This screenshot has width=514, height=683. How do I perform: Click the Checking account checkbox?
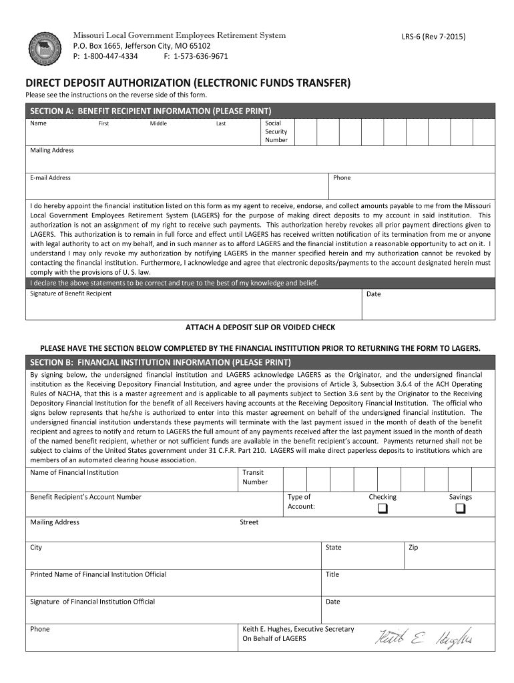(x=382, y=510)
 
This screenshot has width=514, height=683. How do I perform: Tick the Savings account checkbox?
(x=461, y=510)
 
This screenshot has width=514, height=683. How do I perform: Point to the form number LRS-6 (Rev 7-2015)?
(x=433, y=37)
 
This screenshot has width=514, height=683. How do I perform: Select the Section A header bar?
(x=260, y=111)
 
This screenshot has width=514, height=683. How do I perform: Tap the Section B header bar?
(x=260, y=362)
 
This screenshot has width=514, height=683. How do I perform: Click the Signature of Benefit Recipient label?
(x=71, y=293)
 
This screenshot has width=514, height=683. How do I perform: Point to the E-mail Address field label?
(x=50, y=178)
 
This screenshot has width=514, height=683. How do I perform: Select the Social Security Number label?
(x=276, y=131)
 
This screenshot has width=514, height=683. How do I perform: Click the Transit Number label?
(x=255, y=477)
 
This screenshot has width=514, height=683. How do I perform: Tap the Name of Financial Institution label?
(x=74, y=473)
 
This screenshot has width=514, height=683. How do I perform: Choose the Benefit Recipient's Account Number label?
(x=85, y=497)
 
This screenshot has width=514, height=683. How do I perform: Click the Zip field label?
(x=413, y=548)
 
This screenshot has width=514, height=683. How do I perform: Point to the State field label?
(x=333, y=548)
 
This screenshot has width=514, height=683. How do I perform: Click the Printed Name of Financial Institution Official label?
(x=98, y=574)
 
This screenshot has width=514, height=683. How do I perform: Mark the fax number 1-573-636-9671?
(x=200, y=56)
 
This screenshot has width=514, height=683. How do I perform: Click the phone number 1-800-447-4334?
(x=109, y=56)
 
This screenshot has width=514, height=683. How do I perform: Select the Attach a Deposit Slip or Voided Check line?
(x=260, y=327)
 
